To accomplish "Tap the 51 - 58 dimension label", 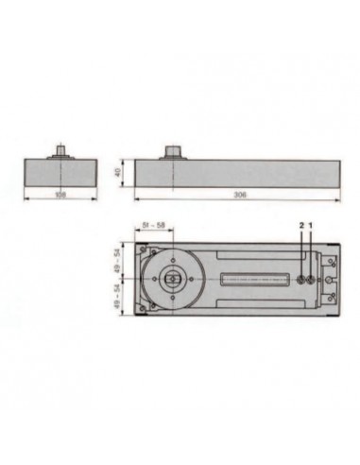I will pyautogui.click(x=155, y=225).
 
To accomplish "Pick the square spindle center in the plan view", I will pyautogui.click(x=174, y=280).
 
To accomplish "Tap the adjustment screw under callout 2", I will pyautogui.click(x=300, y=280).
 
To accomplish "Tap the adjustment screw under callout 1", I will pyautogui.click(x=311, y=280).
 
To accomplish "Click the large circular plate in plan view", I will pyautogui.click(x=174, y=280).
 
